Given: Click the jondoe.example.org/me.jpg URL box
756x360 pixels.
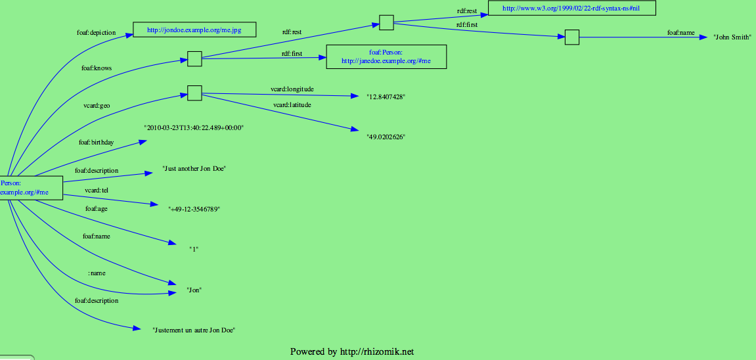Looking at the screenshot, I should point(194,30).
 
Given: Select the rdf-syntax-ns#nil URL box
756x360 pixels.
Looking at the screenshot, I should point(571,9).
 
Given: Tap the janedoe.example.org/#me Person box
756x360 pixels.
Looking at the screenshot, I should point(386,56).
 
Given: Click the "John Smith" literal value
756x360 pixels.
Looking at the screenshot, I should point(732,37).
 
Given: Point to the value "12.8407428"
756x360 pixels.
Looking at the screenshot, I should point(386,97).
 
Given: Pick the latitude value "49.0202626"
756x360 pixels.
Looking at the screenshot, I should point(386,137).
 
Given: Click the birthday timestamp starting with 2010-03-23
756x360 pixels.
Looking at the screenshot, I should point(194,128).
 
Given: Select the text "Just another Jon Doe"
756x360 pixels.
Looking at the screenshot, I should point(194,169).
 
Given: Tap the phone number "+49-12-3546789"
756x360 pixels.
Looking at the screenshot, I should point(194,209).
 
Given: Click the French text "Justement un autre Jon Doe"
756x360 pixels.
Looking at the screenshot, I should point(194,330).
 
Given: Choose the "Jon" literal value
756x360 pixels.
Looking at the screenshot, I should point(194,290).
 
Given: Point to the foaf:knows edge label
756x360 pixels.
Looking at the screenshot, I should point(97,68).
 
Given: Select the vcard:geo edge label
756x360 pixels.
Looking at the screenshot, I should point(97,105).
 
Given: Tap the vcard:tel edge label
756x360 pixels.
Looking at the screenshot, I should point(97,191).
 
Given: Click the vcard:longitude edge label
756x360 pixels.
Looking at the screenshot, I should point(292,88).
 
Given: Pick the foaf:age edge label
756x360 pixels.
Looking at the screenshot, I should point(97,209).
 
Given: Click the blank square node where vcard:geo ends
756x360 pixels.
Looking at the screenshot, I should point(194,93).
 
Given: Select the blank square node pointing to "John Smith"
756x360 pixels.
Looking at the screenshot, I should point(572,37).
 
